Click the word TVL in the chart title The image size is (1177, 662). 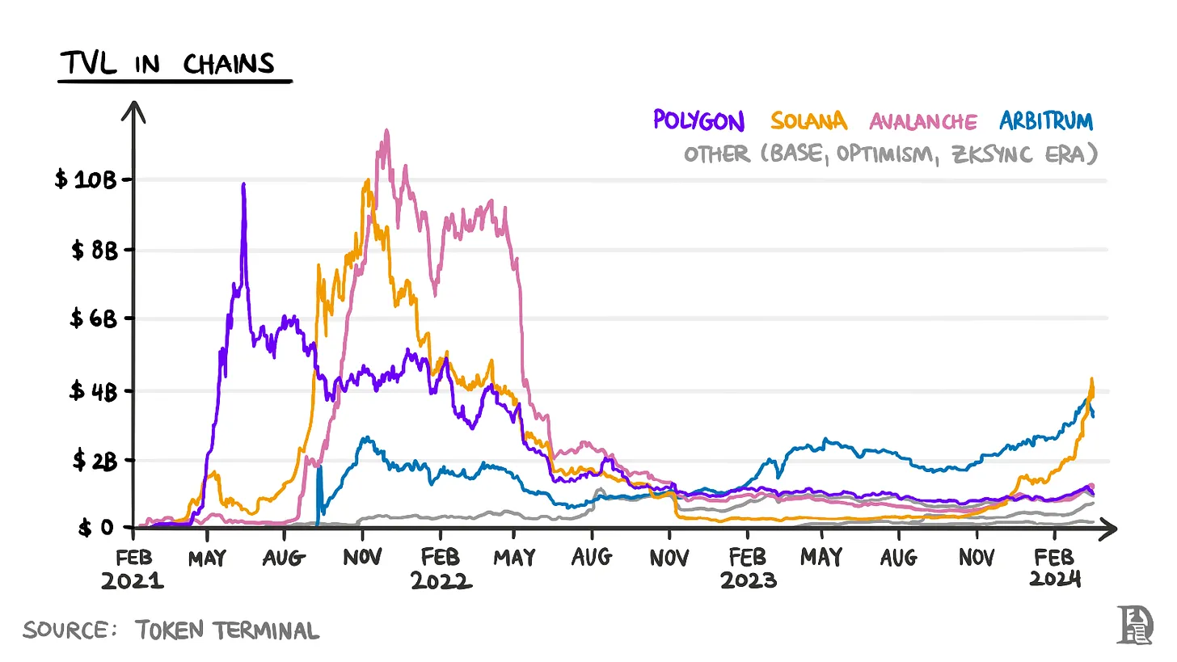tap(90, 64)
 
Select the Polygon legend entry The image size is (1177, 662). tap(698, 121)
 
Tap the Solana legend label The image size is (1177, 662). tap(808, 121)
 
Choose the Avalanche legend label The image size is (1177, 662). tap(923, 122)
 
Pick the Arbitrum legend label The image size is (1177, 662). tap(1046, 121)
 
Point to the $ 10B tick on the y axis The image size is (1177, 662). tap(86, 179)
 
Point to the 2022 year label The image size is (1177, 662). tap(441, 580)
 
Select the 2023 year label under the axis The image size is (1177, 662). tap(749, 580)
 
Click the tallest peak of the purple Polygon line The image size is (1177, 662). tap(243, 185)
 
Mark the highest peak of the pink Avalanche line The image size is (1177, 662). tap(386, 130)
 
